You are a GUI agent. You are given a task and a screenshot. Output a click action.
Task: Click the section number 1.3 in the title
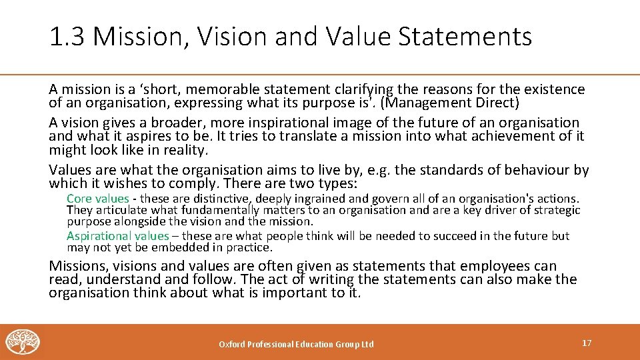pyautogui.click(x=67, y=37)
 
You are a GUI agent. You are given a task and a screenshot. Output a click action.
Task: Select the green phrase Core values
pyautogui.click(x=97, y=199)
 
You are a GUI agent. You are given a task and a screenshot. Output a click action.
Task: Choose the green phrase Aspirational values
pyautogui.click(x=117, y=236)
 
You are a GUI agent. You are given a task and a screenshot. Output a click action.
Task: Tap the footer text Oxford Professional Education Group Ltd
pyautogui.click(x=297, y=344)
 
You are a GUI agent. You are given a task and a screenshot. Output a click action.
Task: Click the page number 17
pyautogui.click(x=587, y=343)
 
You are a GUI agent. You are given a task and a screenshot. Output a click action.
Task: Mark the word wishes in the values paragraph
pyautogui.click(x=123, y=183)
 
